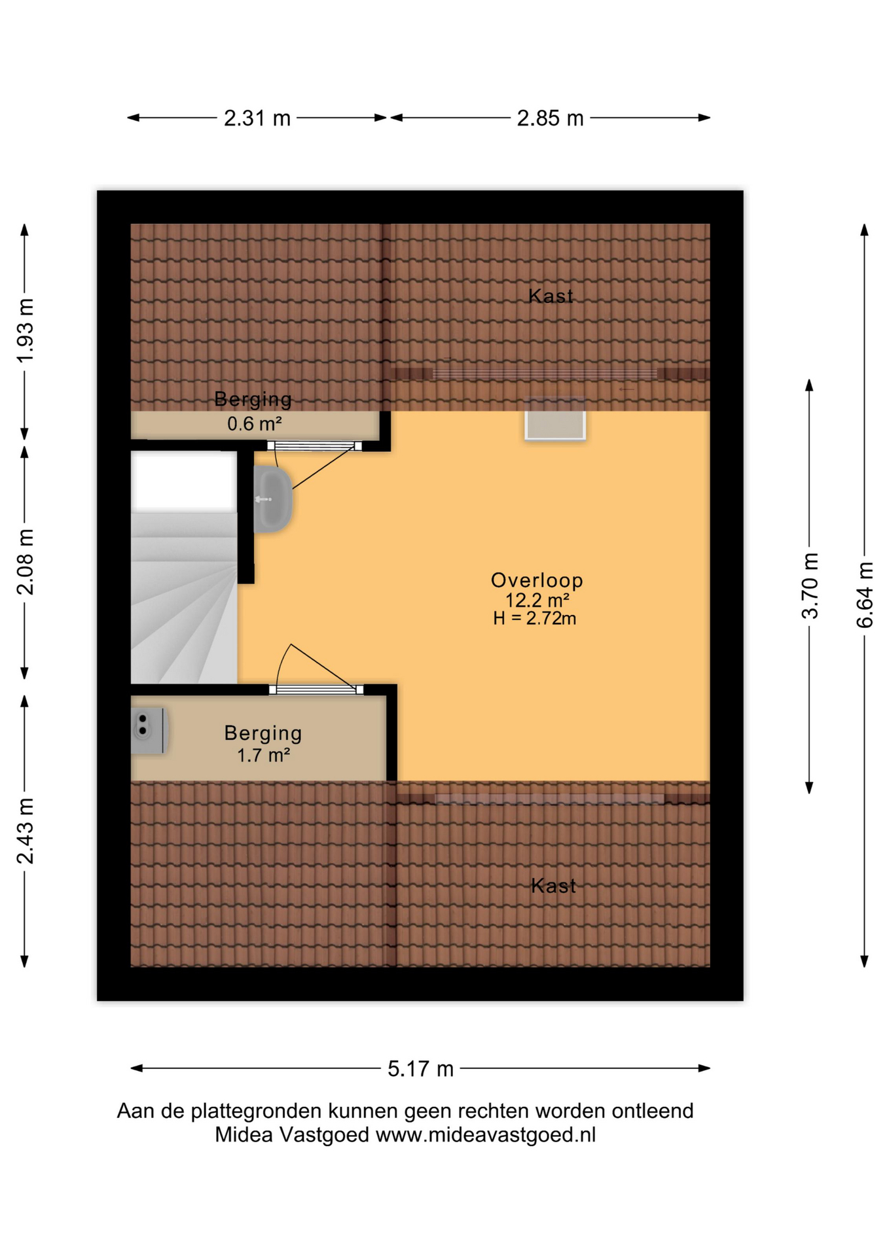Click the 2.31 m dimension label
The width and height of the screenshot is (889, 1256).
pos(257,118)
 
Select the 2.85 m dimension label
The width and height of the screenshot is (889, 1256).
pos(549,118)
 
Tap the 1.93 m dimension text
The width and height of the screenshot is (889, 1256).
pos(25,330)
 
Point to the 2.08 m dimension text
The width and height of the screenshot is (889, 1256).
pos(25,562)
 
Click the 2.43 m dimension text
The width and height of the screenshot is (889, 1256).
pos(25,831)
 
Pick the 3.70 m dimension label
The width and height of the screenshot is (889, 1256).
pos(810,585)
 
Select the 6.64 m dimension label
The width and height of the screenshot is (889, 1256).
pos(865,595)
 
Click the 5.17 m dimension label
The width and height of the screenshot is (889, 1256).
pos(420,1069)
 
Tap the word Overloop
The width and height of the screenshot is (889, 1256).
pos(537,580)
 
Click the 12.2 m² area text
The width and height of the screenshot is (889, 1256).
pos(537,600)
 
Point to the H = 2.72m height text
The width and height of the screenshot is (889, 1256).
pos(534,618)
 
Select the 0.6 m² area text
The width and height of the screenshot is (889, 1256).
pos(254,424)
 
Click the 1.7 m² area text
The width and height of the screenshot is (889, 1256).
pos(263,756)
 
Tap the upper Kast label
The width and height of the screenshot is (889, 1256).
pos(551,296)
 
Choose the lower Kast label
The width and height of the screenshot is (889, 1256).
pos(553,886)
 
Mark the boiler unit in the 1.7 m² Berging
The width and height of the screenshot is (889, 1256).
pos(149,730)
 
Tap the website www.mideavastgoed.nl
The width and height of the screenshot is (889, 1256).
pos(485,1135)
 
